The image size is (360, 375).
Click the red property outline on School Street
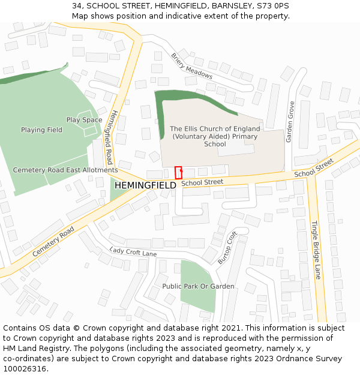178,172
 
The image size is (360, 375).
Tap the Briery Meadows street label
191,66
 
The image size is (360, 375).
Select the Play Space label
84,120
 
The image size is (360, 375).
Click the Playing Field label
41,130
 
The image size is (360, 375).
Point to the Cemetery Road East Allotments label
65,170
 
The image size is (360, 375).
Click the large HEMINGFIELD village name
145,186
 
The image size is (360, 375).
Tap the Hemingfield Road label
104,137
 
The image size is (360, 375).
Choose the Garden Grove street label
290,122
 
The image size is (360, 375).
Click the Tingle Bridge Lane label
316,250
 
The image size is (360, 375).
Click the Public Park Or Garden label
198,286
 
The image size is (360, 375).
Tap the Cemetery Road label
53,241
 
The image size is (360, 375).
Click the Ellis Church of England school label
215,136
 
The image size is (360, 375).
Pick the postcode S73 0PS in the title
273,5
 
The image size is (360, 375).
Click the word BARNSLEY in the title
231,5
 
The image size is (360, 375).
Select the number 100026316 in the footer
25,369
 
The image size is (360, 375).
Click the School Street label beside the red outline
202,182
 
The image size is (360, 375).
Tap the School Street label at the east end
314,167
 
